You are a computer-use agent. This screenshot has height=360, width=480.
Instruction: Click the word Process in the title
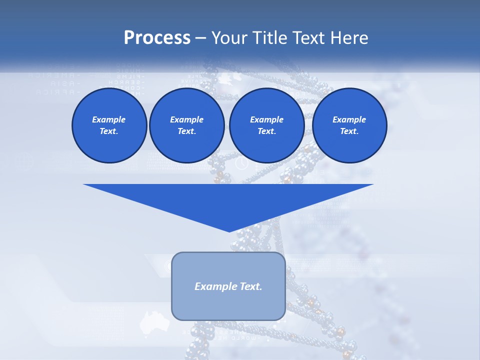coord(157,38)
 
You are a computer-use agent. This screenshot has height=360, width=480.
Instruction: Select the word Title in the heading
coord(269,38)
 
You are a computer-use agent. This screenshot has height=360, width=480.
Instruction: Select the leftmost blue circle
coord(109,125)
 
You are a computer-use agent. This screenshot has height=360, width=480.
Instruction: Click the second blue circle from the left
coord(187,125)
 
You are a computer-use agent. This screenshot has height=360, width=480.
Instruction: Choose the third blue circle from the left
coord(267,125)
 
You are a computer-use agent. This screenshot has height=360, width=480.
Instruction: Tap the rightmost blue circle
coord(349,125)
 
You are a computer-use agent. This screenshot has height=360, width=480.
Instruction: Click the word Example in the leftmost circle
coord(109,119)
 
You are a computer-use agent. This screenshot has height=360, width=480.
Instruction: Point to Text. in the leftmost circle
coord(109,131)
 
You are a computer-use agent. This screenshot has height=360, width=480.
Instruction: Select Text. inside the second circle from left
coord(187,131)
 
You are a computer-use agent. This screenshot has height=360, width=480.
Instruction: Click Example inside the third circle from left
coord(267,119)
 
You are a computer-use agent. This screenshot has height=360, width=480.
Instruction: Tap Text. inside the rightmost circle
coord(349,131)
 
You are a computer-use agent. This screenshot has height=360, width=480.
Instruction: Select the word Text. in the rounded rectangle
coord(249,286)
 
